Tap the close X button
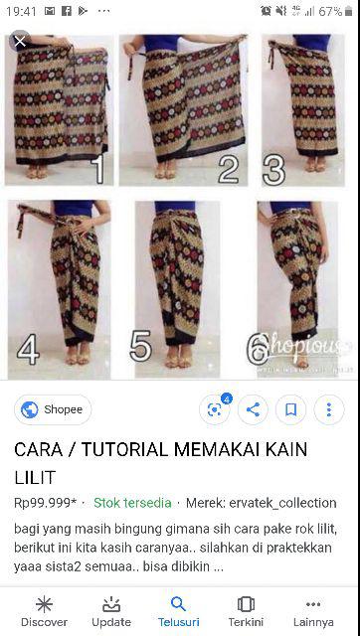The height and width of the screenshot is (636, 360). (19, 42)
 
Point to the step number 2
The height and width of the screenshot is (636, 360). (229, 169)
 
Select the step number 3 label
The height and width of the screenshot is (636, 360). (273, 169)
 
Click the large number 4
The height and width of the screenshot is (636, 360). (28, 349)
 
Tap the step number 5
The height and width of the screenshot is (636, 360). (140, 347)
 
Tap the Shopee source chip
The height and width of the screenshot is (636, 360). (53, 409)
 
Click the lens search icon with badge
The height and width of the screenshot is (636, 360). (214, 408)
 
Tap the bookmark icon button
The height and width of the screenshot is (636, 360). (290, 408)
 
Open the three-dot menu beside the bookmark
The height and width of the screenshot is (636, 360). (328, 408)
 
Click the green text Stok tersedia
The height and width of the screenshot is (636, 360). (132, 503)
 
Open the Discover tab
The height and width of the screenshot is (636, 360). (44, 611)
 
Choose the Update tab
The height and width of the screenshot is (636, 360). (111, 611)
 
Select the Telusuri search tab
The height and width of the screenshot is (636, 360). (179, 611)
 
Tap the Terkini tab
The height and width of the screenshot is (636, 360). (247, 611)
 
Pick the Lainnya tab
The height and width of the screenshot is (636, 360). (314, 611)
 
